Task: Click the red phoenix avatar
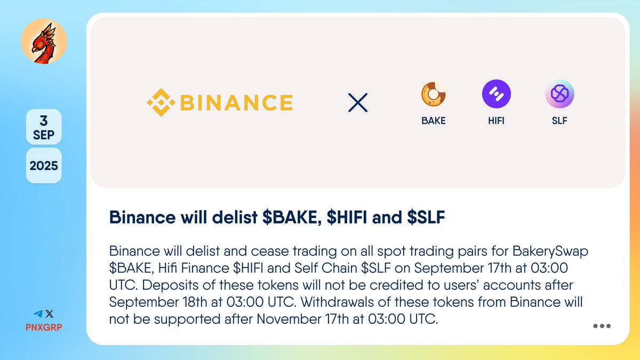tap(44, 44)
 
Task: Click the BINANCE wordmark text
tap(236, 102)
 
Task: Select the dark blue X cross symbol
tap(358, 102)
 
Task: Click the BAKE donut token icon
tap(433, 94)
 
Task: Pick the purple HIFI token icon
tap(496, 94)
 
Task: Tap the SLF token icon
tap(559, 94)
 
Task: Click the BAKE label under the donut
tap(433, 121)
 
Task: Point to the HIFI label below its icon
tap(496, 121)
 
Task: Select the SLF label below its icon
tap(559, 121)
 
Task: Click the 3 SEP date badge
tap(44, 127)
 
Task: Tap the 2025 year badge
tap(44, 165)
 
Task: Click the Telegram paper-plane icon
tap(38, 314)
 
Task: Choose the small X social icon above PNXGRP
tap(50, 314)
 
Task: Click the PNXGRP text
tap(44, 326)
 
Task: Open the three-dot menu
tap(602, 326)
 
